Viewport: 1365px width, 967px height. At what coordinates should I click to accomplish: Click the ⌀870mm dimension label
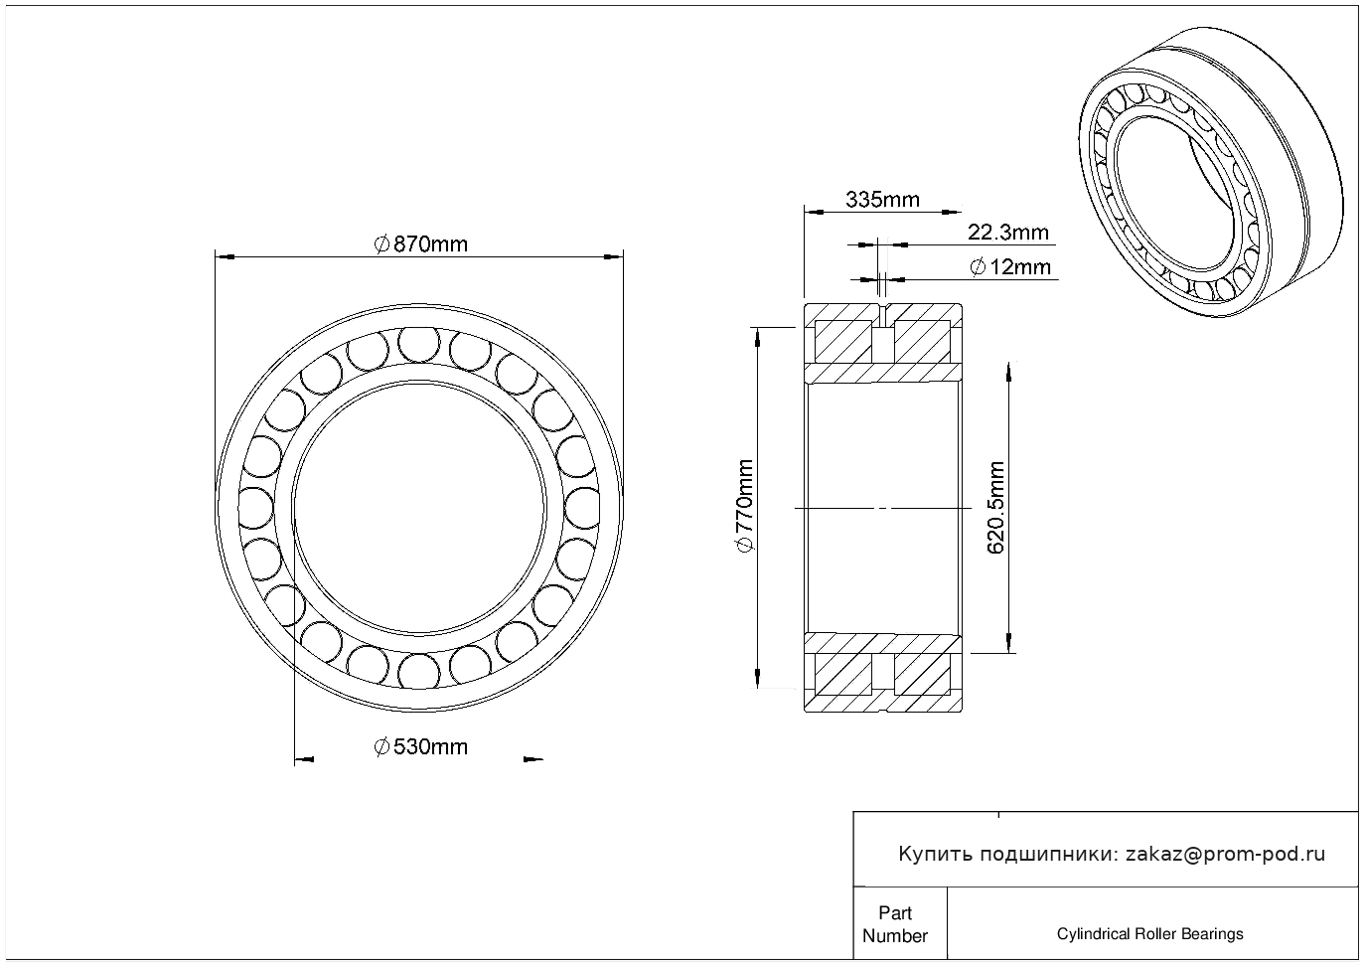point(420,244)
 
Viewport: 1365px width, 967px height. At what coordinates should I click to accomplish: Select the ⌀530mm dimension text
point(420,747)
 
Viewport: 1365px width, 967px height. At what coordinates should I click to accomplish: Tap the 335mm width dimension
point(882,200)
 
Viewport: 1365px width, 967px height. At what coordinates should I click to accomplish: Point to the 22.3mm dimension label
point(1008,233)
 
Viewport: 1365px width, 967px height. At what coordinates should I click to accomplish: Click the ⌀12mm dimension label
point(1009,267)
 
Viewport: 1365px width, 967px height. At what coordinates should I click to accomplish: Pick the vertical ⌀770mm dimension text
point(745,506)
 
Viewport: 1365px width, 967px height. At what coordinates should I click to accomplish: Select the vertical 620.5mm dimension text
point(995,507)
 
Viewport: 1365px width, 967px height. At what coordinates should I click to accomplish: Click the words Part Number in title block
point(894,924)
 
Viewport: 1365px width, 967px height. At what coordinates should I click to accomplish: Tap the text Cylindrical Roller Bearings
point(1149,933)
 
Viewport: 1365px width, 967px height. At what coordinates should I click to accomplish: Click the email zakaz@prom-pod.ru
point(1226,854)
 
